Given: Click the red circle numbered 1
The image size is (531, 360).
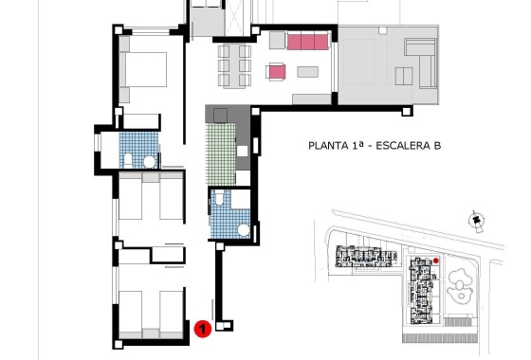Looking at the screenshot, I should [201, 329].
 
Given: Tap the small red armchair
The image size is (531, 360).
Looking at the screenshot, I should [277, 71].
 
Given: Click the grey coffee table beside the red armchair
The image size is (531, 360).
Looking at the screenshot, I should [307, 72].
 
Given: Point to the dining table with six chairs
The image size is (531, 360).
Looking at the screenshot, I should [237, 63].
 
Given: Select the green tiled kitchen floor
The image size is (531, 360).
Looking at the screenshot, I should [221, 153].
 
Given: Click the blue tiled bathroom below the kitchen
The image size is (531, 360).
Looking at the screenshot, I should [227, 215].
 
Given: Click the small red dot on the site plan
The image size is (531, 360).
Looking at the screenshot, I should [435, 260].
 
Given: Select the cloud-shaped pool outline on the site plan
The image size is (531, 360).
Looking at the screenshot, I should [460, 282].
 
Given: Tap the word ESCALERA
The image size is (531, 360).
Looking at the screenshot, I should [402, 146].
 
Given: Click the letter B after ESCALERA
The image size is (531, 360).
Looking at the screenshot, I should [438, 146].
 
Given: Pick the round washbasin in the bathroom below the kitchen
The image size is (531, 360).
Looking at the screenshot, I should [244, 229].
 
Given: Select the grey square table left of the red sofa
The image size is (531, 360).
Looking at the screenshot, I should [277, 41].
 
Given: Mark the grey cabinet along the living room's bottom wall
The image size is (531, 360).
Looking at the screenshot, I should [311, 99].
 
